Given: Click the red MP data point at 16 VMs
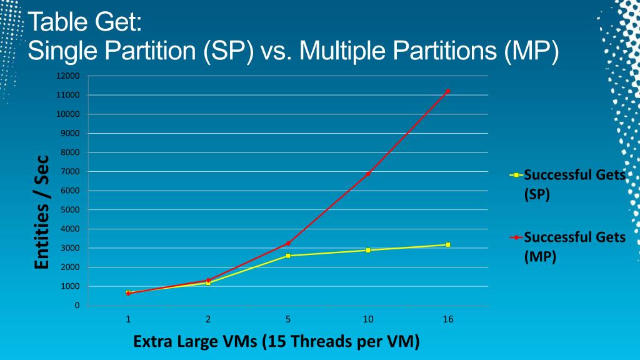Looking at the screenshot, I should (x=447, y=91).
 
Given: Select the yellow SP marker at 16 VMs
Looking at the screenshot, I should (x=448, y=244).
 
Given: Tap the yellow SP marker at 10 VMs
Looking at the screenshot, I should (x=368, y=250).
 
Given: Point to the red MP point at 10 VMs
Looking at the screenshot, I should (x=368, y=173).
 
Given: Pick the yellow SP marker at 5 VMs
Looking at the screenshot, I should (x=288, y=256).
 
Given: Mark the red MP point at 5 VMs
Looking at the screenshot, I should (x=288, y=243).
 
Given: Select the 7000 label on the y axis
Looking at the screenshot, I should (x=71, y=172).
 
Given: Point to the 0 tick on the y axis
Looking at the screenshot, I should (x=77, y=306).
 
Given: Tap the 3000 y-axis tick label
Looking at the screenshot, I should (x=71, y=248).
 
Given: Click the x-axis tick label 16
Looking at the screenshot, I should (x=448, y=319).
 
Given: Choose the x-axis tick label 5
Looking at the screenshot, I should (x=288, y=319).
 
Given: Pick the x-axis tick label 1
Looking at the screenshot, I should (x=128, y=319).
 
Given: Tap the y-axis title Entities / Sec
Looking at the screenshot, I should (x=41, y=212).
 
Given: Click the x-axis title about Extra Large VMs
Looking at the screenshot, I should (x=276, y=342).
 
